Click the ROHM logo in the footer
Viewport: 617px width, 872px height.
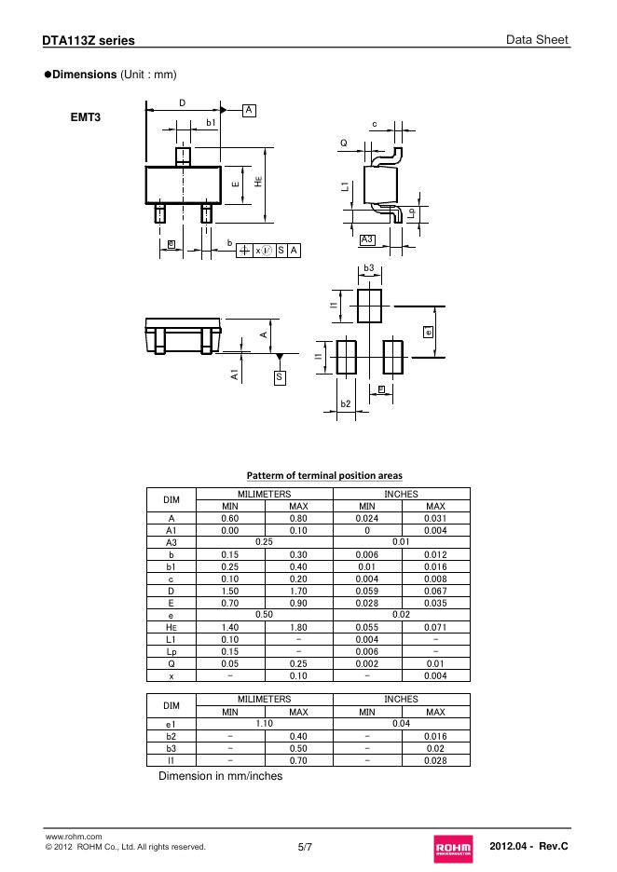[454, 849]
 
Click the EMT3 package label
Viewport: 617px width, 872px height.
[86, 117]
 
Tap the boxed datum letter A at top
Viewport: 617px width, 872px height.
[249, 110]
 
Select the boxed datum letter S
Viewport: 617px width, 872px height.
[280, 378]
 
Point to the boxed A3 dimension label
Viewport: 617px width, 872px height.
[367, 239]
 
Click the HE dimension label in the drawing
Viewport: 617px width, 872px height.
[258, 182]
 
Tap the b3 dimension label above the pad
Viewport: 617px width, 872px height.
[369, 268]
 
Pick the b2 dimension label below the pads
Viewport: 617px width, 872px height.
[346, 403]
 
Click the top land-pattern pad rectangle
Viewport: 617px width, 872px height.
[369, 306]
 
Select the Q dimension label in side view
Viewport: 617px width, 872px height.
[344, 143]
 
